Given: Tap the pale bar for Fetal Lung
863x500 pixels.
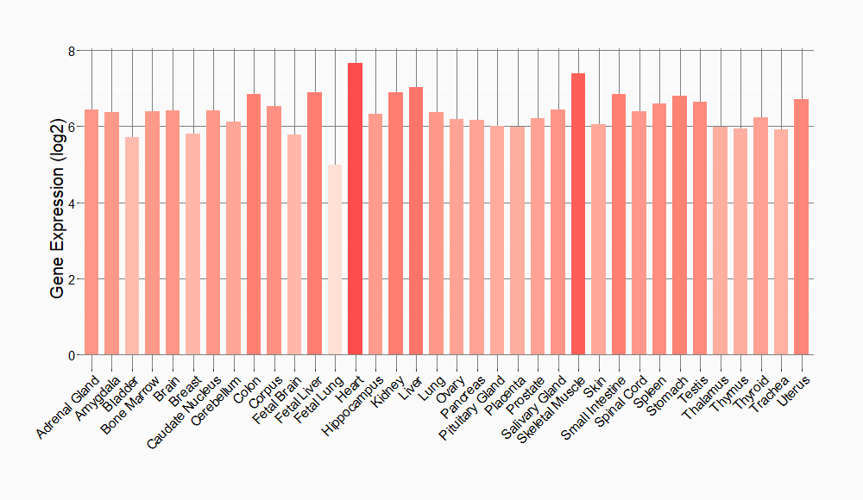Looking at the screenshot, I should point(335,259).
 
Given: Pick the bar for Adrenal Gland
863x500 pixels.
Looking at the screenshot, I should point(91,232).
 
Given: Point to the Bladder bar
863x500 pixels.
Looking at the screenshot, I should point(132,246).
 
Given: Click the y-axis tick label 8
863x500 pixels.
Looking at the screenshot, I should point(72,51).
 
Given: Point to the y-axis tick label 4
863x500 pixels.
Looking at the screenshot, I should point(72,203).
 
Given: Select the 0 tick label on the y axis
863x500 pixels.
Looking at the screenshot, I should point(72,355).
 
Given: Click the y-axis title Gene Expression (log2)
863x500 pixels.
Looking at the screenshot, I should point(57,203).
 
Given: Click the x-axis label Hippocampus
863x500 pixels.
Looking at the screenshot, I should point(350,403).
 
